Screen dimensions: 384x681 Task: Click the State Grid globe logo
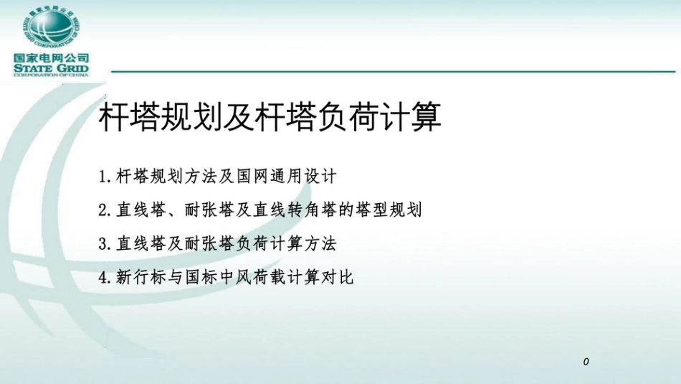point(49,28)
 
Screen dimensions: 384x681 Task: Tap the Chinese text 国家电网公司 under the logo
point(50,57)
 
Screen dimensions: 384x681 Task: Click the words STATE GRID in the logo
point(50,69)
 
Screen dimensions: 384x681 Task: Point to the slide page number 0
point(586,362)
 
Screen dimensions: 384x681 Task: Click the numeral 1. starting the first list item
point(105,176)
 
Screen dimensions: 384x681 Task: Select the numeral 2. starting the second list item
point(105,210)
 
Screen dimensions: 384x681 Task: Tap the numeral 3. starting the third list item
point(105,244)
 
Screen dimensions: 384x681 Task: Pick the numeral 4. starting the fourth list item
point(105,278)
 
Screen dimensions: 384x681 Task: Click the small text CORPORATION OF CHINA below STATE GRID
point(50,76)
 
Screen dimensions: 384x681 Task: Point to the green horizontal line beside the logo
point(394,72)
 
